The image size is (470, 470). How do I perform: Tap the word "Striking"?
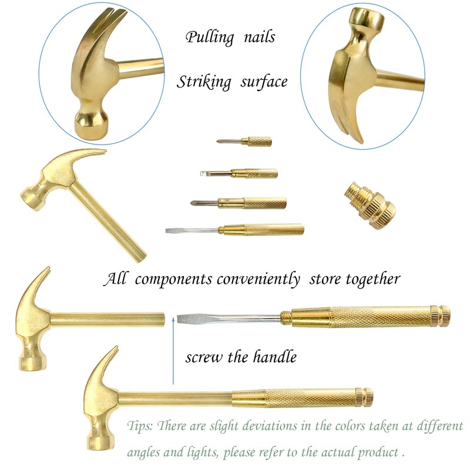tap(204, 82)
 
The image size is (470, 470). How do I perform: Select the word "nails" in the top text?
tap(257, 38)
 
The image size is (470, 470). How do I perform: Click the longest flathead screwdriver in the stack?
tap(235, 229)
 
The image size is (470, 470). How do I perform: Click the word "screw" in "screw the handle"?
tap(202, 357)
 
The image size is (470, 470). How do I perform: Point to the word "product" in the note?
tap(376, 453)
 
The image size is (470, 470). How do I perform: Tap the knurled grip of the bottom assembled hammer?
tap(300, 397)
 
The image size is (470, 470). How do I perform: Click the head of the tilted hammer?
tap(56, 176)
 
